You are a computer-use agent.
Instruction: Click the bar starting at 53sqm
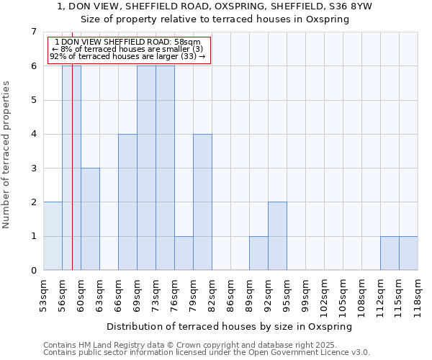coord(53,236)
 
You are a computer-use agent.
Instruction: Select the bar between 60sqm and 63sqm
coord(90,219)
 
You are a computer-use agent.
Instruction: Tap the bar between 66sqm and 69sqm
coord(127,202)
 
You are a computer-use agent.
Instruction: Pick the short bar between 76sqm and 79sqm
coord(184,253)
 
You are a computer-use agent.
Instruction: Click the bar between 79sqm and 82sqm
coord(202,202)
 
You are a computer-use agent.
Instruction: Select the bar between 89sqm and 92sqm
coord(258,253)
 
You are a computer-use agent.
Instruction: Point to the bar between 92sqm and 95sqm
coord(277,236)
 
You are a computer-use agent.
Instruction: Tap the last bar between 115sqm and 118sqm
coord(408,253)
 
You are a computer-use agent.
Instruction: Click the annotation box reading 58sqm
coord(129,50)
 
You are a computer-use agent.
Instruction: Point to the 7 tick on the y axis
coord(33,32)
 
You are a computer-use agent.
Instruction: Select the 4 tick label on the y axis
coord(33,134)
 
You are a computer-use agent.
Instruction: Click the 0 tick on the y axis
coord(33,271)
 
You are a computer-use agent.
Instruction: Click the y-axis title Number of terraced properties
coord(7,155)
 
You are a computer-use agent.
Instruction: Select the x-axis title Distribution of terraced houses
coord(234,326)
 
